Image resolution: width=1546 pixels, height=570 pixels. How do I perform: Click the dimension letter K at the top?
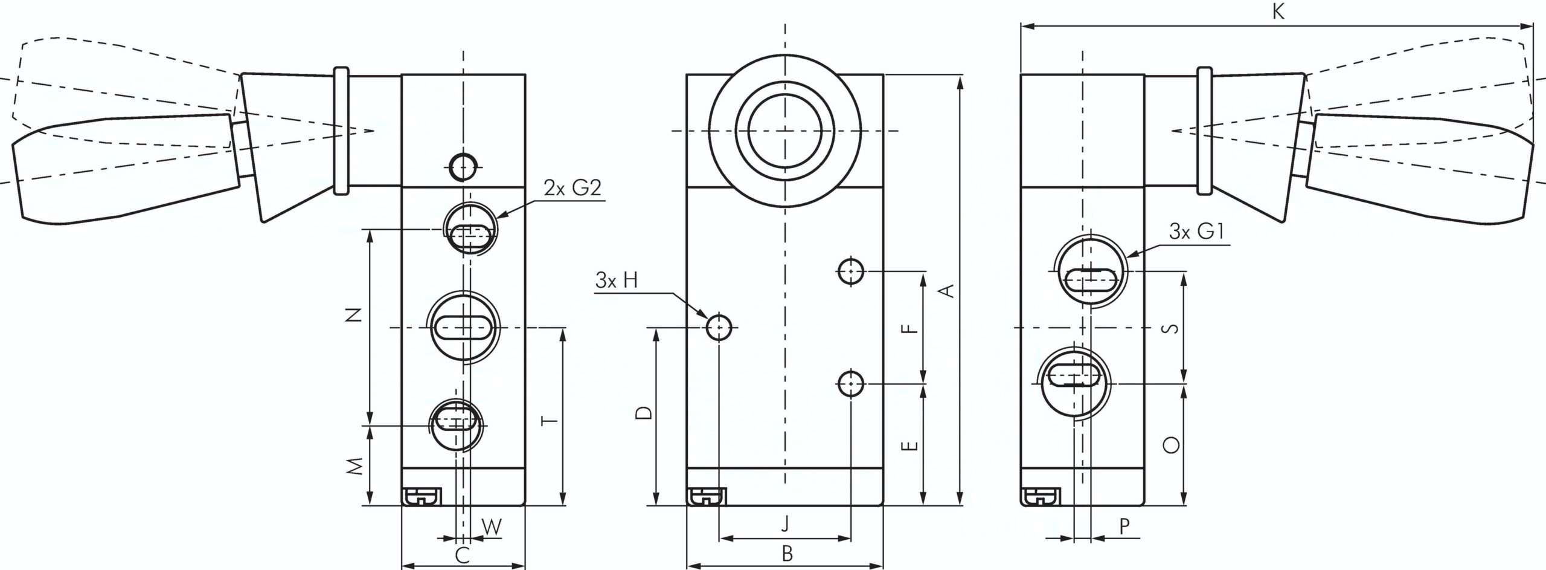click(1278, 13)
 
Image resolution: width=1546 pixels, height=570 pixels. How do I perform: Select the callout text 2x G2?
click(573, 188)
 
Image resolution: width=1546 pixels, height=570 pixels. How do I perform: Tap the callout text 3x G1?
click(1198, 232)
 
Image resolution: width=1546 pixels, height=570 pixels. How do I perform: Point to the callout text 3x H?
click(616, 280)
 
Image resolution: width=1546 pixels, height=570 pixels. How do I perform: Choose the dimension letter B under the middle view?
click(787, 554)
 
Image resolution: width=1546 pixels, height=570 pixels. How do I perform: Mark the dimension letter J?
click(785, 523)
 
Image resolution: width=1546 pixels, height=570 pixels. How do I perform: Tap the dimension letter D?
click(644, 413)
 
